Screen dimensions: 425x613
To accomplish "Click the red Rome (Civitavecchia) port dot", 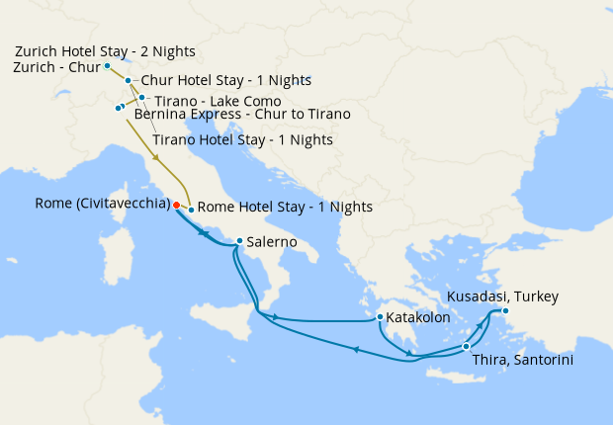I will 176,206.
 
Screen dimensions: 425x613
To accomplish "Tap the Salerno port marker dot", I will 239,240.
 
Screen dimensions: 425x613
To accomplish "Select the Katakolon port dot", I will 380,317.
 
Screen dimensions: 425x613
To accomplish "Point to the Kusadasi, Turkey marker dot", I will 504,311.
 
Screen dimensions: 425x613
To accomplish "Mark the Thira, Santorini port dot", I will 466,346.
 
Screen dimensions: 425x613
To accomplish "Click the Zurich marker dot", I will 107,65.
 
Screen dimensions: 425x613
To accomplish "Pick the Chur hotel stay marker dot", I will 129,80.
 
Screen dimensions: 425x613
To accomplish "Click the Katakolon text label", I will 418,318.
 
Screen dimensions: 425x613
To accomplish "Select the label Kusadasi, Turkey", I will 502,297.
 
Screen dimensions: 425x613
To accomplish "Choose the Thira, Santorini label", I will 523,359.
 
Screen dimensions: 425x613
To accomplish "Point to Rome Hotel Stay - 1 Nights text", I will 285,208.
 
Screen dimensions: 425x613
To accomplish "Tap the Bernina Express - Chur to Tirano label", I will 242,114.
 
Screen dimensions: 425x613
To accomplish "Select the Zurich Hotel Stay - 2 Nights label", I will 105,50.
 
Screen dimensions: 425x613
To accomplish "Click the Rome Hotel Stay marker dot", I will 191,211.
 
